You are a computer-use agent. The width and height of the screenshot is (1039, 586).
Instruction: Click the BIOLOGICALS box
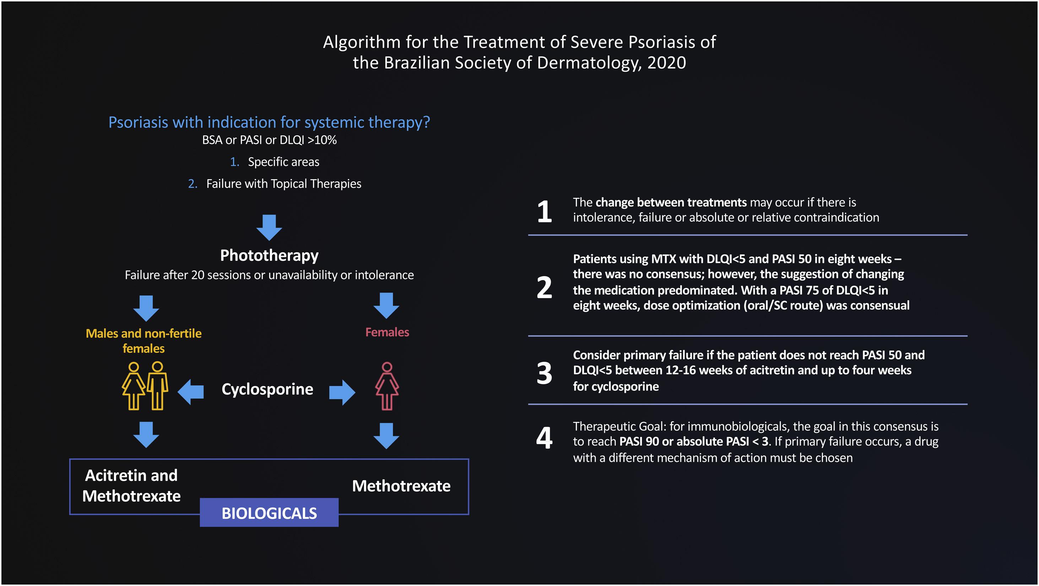(x=269, y=513)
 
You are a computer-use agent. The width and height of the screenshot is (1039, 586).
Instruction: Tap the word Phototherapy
(x=269, y=256)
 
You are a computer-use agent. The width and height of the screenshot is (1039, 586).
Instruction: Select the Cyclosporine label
(x=267, y=389)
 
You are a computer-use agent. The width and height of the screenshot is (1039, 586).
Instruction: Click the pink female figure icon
(x=387, y=386)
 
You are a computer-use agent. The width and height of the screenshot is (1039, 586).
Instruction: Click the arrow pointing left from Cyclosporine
(x=191, y=392)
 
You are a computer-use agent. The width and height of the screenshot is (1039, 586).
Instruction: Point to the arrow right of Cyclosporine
(x=342, y=392)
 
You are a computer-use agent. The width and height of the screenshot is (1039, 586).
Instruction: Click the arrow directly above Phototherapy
(x=269, y=227)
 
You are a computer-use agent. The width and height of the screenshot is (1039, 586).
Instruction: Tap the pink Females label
(x=387, y=332)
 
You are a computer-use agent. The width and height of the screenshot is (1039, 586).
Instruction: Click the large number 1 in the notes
(x=544, y=212)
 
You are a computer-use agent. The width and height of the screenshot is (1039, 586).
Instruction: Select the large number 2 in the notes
(x=544, y=287)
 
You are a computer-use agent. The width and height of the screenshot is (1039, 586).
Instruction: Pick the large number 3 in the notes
(x=544, y=373)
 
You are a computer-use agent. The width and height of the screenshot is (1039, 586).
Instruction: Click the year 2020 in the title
(x=666, y=63)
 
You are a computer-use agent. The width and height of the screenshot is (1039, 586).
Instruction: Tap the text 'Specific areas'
(x=283, y=162)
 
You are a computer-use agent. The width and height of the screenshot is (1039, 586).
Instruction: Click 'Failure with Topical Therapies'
(x=283, y=184)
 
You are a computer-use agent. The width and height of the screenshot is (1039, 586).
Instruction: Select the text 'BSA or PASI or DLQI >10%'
(x=269, y=140)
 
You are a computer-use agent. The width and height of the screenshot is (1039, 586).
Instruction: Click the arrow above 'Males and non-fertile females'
(x=146, y=308)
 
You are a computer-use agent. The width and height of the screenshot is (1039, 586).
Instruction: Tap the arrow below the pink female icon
(x=386, y=436)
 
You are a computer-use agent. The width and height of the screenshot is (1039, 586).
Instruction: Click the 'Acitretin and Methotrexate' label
(x=131, y=486)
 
